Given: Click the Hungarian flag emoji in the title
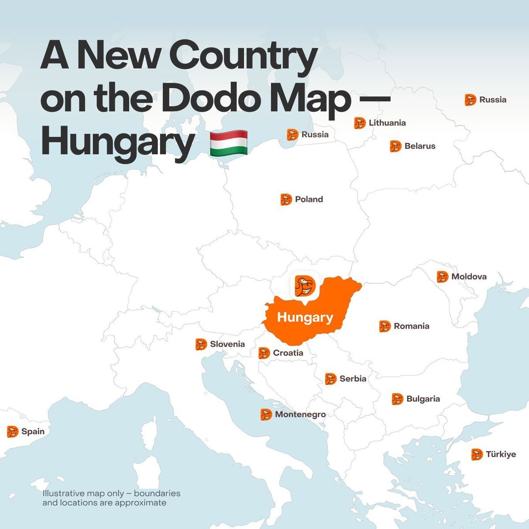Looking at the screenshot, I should pyautogui.click(x=228, y=143).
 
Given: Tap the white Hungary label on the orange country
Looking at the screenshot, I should pyautogui.click(x=305, y=317).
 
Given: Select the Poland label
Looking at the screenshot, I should pyautogui.click(x=309, y=199).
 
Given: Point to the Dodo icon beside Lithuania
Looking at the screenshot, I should pyautogui.click(x=360, y=123).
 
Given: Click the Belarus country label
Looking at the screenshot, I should pyautogui.click(x=420, y=146).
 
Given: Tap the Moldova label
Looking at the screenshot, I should pyautogui.click(x=469, y=276).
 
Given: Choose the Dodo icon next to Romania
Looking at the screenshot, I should pyautogui.click(x=385, y=326).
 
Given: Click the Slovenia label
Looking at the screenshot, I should pyautogui.click(x=227, y=344).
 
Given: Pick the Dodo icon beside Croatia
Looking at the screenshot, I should pyautogui.click(x=264, y=353).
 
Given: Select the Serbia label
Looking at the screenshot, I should pyautogui.click(x=353, y=378).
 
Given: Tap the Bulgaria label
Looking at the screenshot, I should pyautogui.click(x=423, y=399).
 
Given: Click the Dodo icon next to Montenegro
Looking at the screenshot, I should pyautogui.click(x=266, y=414).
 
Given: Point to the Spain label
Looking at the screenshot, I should pyautogui.click(x=33, y=431).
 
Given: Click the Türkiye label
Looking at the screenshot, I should pyautogui.click(x=500, y=454).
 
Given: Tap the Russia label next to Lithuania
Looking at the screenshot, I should pyautogui.click(x=315, y=134).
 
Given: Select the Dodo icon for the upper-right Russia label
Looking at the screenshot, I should pyautogui.click(x=470, y=100).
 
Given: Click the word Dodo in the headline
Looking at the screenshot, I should pyautogui.click(x=208, y=99).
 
